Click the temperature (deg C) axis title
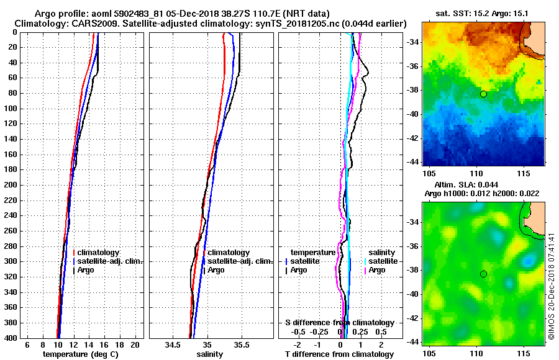tap(80, 354)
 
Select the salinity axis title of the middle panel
tap(210, 354)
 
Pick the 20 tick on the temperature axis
tap(134, 344)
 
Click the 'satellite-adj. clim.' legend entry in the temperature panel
tap(110, 261)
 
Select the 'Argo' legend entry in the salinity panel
tap(216, 270)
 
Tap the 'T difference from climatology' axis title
tap(339, 354)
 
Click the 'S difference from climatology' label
tap(339, 323)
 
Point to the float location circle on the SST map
tap(483, 94)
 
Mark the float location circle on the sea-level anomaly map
tap(483, 274)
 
